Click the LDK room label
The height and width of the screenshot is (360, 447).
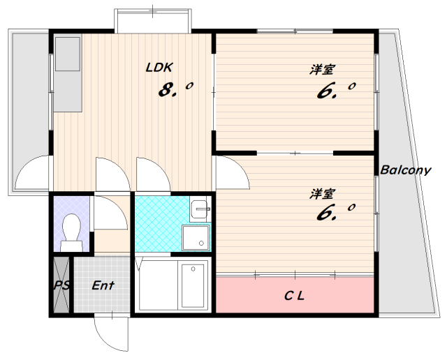point(159,68)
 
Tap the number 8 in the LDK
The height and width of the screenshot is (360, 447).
point(166,89)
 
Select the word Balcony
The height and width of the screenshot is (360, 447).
point(405,170)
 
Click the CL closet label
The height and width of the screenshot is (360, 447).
point(295,296)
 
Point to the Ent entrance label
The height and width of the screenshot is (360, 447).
point(103,285)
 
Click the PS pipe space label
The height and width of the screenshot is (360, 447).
point(61,285)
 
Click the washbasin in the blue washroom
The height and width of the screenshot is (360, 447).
point(200,209)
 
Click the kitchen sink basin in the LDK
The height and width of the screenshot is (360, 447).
point(67,54)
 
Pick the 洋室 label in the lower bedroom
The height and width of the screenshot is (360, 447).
point(321,194)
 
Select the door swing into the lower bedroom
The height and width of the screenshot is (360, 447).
point(240,168)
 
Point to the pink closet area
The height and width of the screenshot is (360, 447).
point(295,295)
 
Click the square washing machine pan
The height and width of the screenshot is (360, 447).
point(196,238)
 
